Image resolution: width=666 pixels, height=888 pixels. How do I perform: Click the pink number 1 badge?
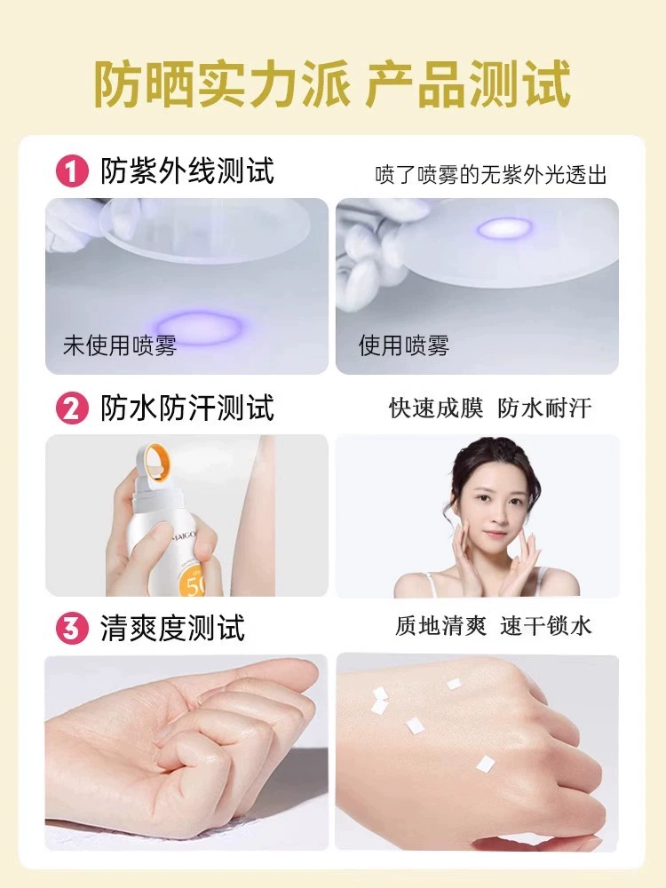click(x=72, y=171)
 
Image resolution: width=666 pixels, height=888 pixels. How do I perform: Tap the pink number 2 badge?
click(x=72, y=408)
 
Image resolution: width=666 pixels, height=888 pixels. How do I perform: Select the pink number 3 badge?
click(x=72, y=628)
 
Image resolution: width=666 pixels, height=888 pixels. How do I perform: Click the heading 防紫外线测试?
click(x=187, y=170)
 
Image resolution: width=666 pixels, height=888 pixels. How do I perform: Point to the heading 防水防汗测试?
click(x=187, y=408)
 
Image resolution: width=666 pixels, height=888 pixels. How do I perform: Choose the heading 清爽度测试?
click(x=173, y=628)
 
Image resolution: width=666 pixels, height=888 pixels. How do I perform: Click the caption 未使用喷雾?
click(x=120, y=345)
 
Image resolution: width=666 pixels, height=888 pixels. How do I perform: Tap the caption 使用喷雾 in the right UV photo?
click(x=403, y=345)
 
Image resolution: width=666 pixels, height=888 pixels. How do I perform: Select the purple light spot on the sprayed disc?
click(x=504, y=228)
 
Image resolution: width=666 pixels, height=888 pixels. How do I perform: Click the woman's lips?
click(x=494, y=534)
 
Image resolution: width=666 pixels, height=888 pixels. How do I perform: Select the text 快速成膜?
click(x=436, y=408)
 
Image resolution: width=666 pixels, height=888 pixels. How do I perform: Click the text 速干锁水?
click(x=546, y=626)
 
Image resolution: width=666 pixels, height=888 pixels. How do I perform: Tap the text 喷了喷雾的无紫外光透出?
click(x=490, y=176)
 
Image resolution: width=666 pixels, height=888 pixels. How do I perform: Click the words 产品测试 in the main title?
click(x=468, y=85)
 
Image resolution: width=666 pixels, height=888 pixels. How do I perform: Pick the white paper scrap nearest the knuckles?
click(x=486, y=765)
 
